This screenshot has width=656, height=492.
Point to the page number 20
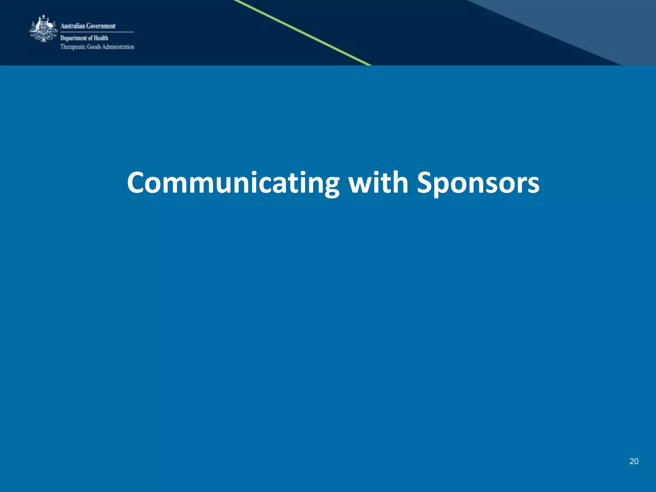click(x=634, y=461)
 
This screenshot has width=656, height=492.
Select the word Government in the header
click(x=101, y=26)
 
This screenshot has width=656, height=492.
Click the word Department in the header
click(x=74, y=38)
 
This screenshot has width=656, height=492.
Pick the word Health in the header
click(x=101, y=38)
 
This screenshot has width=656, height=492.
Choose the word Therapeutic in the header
click(x=73, y=47)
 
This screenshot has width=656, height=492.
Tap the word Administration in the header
click(x=118, y=47)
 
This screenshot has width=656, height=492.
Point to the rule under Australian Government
click(x=97, y=32)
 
